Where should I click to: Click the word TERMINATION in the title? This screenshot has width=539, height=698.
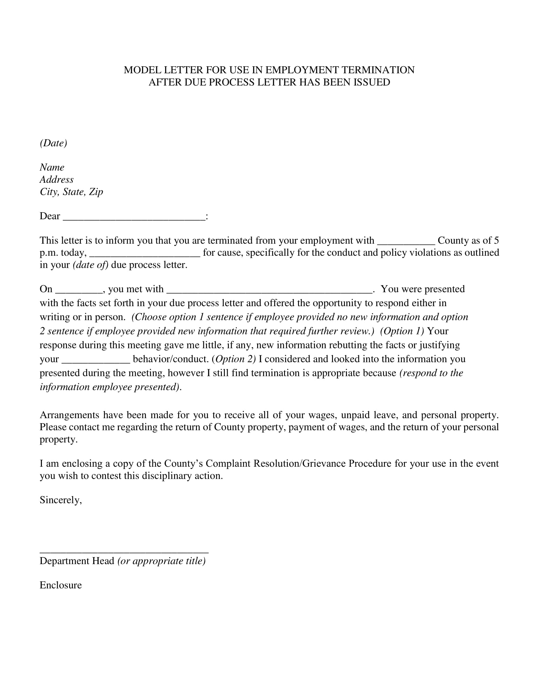pos(378,70)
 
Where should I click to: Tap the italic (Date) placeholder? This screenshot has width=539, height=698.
pos(53,143)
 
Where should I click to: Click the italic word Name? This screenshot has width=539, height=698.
pos(52,167)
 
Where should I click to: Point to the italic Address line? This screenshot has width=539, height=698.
pos(56,179)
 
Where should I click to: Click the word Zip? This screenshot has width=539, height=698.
pos(96,192)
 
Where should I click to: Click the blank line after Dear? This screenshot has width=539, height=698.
pos(134,218)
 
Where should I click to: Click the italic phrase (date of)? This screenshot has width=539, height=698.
pos(91,265)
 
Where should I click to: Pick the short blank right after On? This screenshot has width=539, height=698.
pos(79,291)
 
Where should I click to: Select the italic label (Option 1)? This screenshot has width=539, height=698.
pos(402,331)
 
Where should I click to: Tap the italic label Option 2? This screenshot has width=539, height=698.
pos(234,359)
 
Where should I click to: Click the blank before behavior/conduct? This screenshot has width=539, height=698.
pos(95,361)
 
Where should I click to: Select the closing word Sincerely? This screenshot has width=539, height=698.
pos(60,500)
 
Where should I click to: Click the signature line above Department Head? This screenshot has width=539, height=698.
pos(124,552)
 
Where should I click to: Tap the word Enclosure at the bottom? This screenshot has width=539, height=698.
pos(61,585)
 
